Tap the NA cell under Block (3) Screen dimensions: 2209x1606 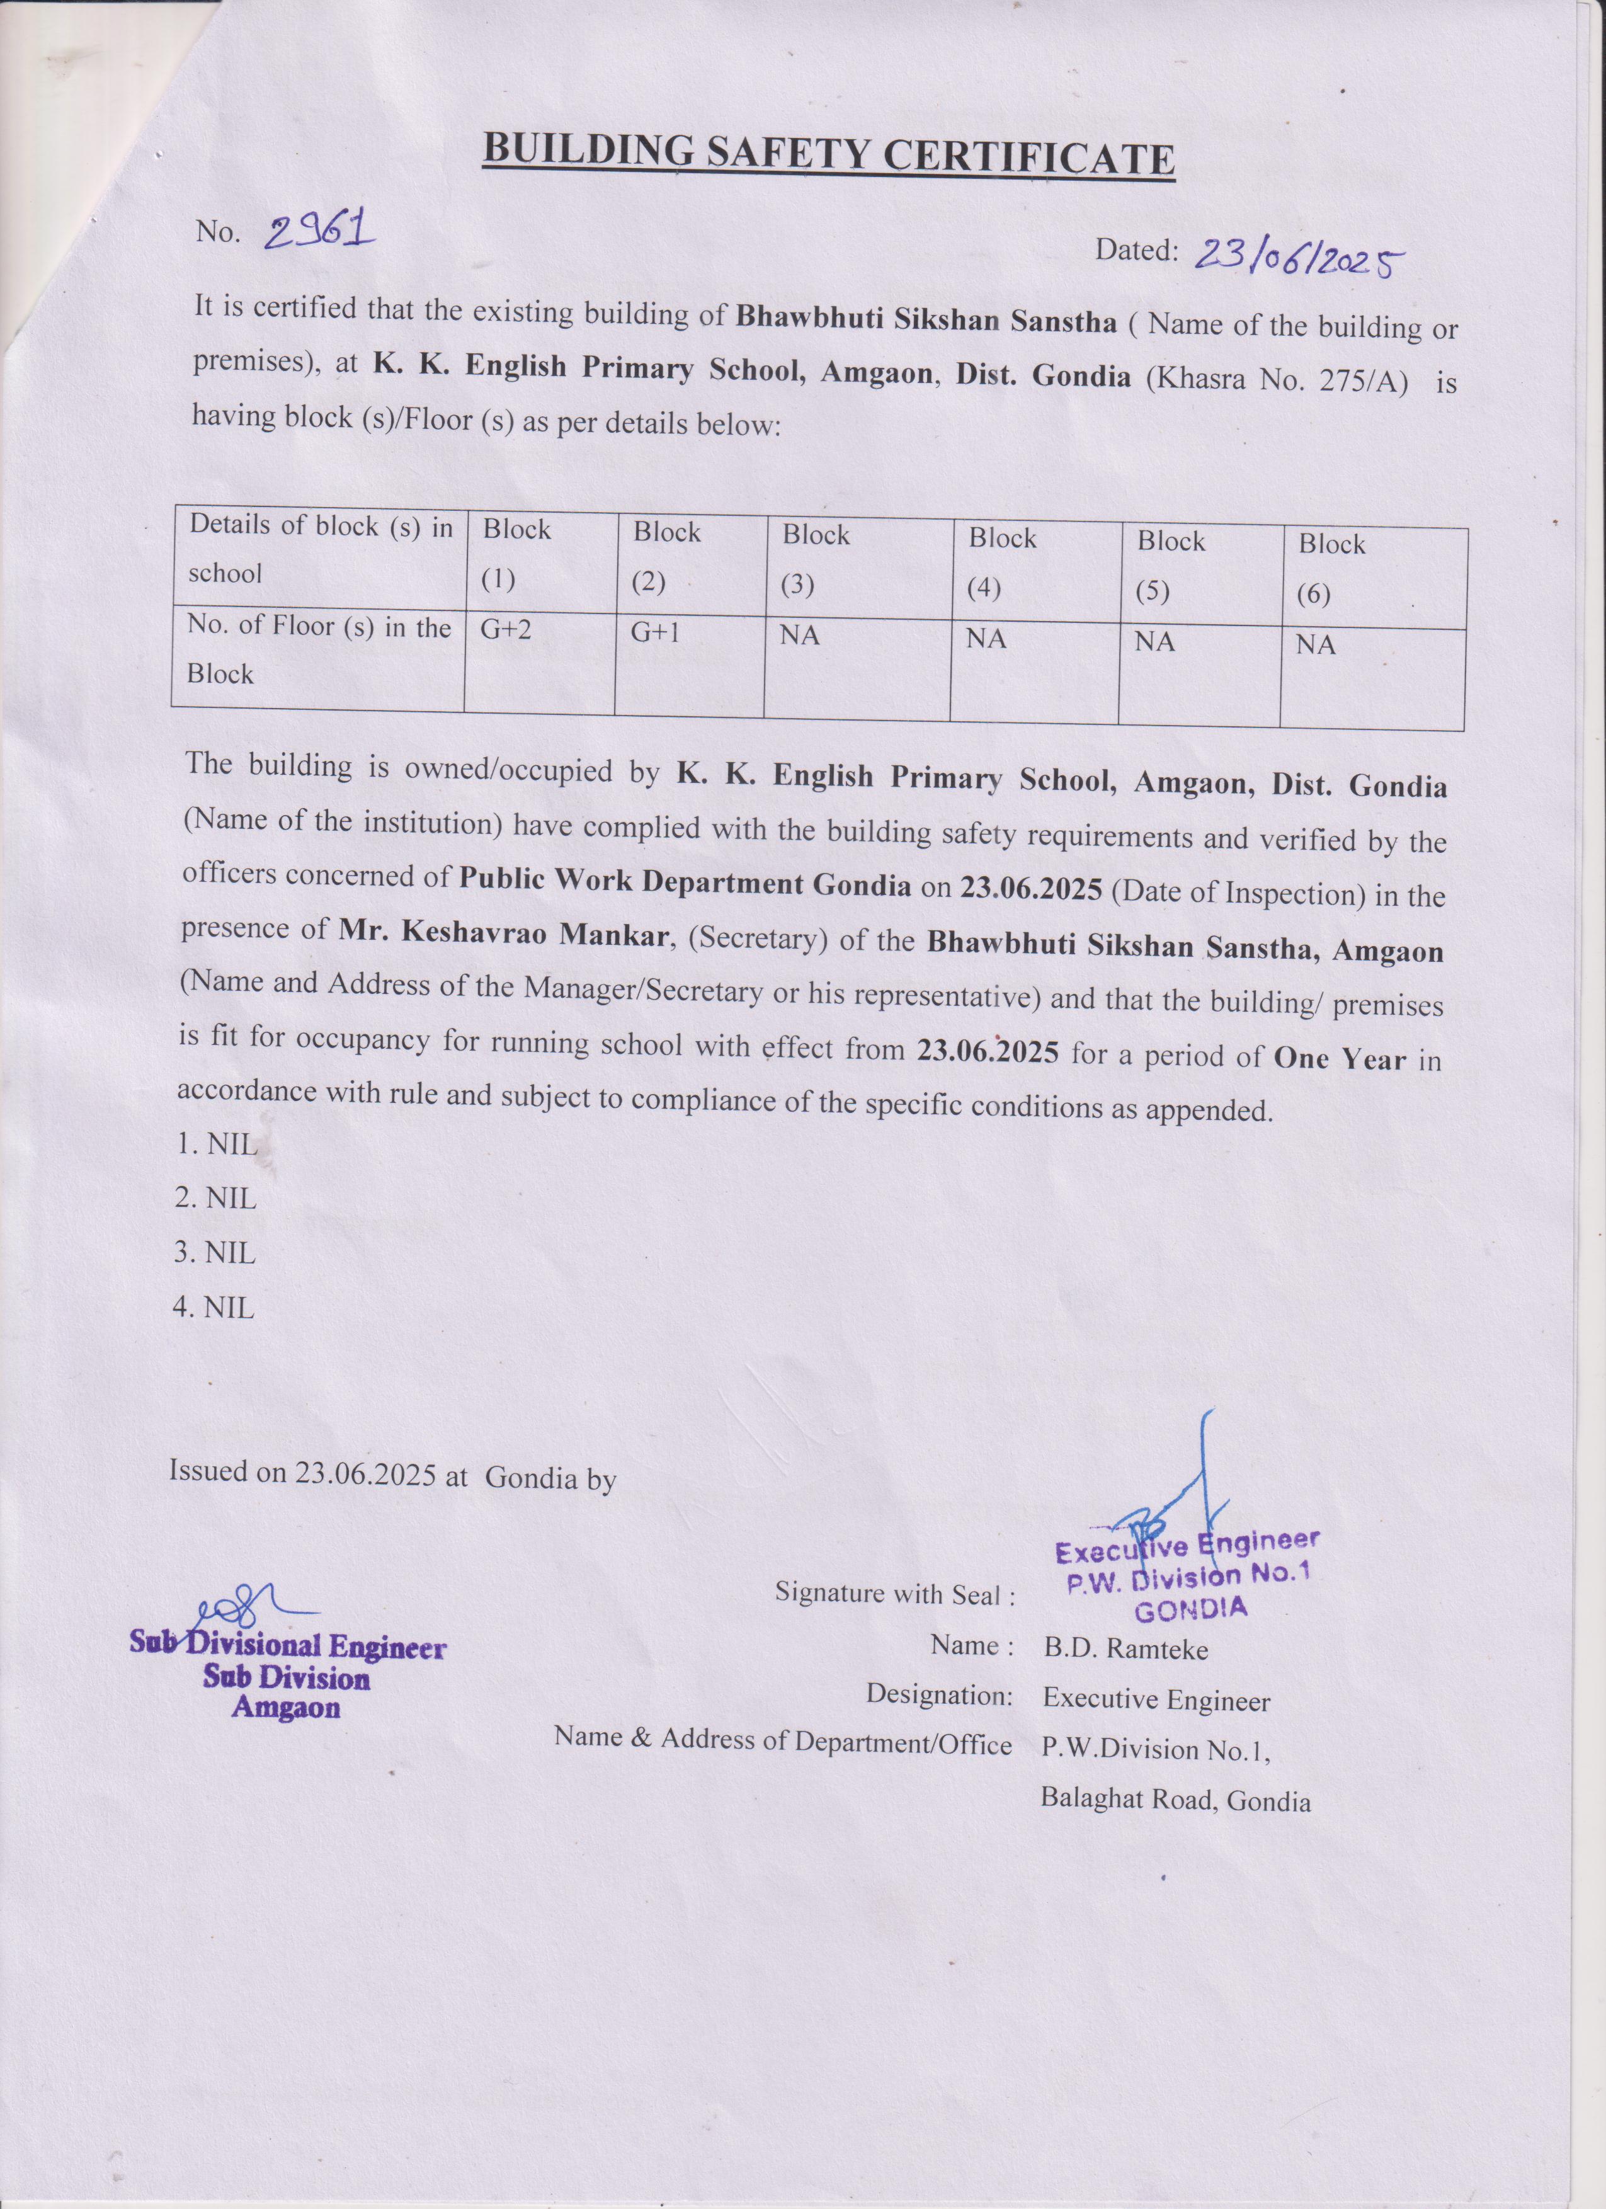800,636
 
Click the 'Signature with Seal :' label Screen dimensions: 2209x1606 895,1594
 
